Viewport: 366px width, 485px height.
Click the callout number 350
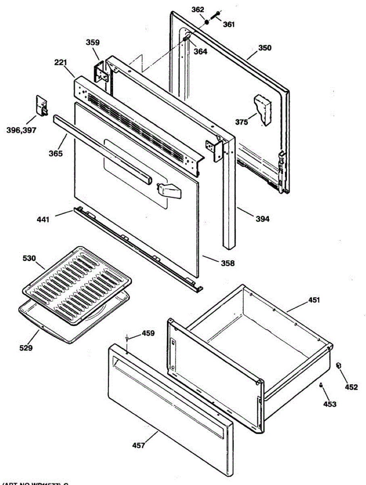coord(265,48)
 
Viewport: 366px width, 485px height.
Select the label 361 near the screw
coord(229,24)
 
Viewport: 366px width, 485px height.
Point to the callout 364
coord(201,51)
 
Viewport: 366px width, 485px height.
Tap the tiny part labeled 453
coord(321,385)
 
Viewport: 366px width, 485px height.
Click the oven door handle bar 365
coord(101,146)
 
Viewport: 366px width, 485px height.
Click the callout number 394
coord(262,219)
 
